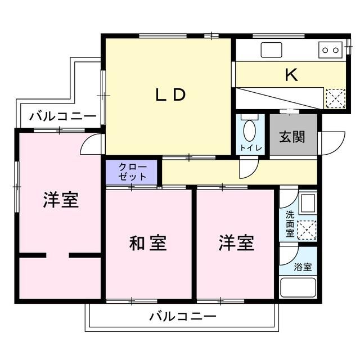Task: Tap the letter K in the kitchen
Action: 291,75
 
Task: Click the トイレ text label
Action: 250,148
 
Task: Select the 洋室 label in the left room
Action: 61,200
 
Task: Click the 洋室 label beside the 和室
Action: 236,244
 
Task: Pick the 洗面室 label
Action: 290,223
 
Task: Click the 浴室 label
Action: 304,267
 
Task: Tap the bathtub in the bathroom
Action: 299,289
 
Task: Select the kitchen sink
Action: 273,50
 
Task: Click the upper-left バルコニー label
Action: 63,116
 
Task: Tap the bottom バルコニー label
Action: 183,317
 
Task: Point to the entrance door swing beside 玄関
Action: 331,141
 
